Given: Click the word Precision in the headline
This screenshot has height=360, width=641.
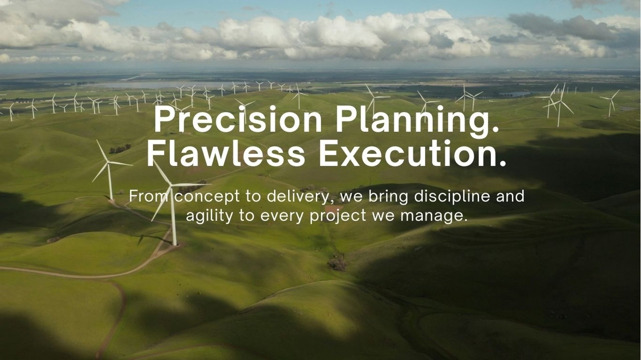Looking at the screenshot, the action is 238,119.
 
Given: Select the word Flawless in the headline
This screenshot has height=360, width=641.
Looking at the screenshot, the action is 226,153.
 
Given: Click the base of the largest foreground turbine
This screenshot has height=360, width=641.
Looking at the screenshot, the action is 174,244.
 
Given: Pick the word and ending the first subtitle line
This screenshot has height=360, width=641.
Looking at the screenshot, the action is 510,196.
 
